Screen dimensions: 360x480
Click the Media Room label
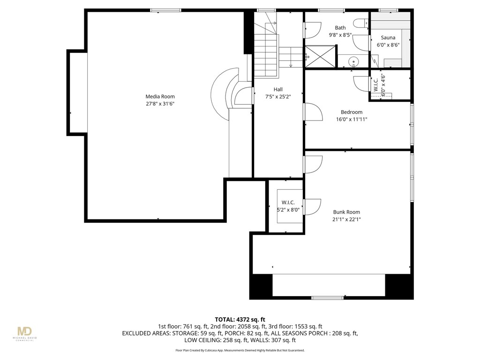(x=160, y=97)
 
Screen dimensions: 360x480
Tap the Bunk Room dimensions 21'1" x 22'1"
(x=346, y=219)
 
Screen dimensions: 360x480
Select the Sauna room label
(x=388, y=37)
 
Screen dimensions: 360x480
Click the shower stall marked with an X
(x=321, y=57)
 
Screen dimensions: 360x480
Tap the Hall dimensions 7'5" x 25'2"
(x=278, y=97)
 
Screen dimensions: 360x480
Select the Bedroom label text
(x=351, y=112)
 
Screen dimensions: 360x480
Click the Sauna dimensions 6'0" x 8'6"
(x=388, y=45)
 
